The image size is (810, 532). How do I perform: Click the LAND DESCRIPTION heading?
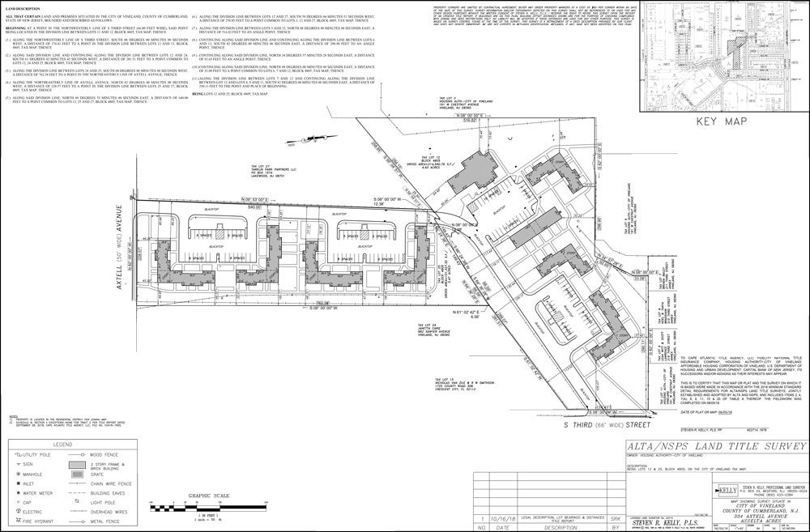pos(23,10)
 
